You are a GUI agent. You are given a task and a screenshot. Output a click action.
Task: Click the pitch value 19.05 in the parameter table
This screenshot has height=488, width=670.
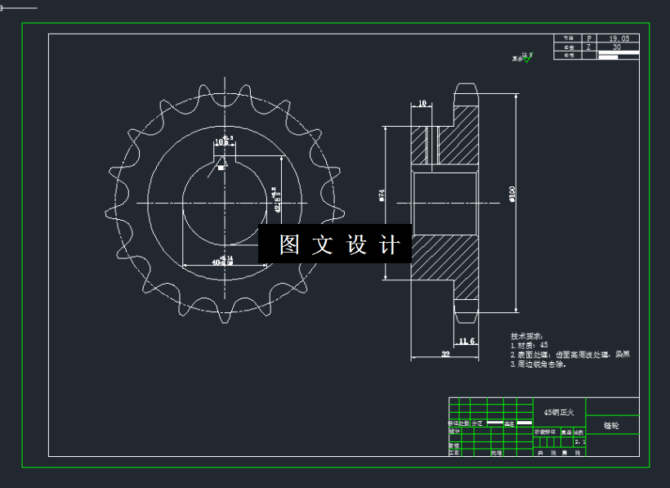[618, 38]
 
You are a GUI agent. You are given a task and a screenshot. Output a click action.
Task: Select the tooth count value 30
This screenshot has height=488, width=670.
[616, 47]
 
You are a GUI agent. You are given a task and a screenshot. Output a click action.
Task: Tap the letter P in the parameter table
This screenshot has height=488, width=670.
[589, 38]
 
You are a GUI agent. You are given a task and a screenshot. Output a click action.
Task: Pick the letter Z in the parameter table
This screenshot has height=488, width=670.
[589, 47]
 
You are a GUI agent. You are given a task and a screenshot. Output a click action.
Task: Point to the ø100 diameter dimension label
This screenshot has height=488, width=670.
[511, 193]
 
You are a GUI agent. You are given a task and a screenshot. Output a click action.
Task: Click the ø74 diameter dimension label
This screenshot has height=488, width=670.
[381, 195]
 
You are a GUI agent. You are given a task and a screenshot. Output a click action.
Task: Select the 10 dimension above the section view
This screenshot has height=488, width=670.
[422, 104]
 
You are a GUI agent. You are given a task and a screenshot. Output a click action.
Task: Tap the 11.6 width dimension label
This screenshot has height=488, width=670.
[467, 341]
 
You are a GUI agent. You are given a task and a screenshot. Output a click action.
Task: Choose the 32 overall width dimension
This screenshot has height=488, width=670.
[445, 354]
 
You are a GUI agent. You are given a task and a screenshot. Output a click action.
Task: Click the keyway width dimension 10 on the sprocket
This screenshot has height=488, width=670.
[221, 141]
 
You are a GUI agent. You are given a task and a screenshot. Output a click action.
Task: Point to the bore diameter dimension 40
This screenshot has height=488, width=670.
[217, 262]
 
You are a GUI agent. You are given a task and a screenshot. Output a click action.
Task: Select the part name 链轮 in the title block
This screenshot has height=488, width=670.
[611, 426]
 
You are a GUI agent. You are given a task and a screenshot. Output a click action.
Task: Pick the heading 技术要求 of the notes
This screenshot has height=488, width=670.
[527, 336]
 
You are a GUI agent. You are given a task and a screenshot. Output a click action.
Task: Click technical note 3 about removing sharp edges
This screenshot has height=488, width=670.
[538, 365]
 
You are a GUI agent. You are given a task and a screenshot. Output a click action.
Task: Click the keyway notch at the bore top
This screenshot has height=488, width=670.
[221, 168]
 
